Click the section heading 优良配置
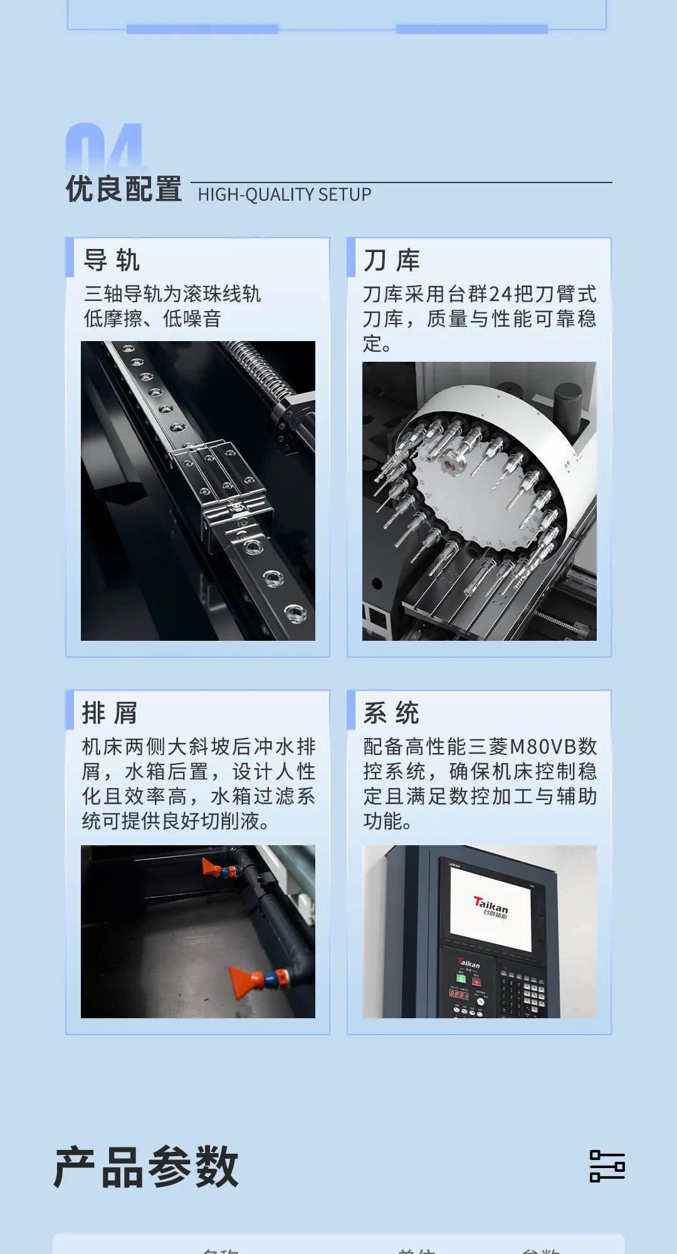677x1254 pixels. click(x=123, y=189)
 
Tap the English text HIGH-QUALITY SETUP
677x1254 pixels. click(x=285, y=194)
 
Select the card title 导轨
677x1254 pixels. click(x=112, y=260)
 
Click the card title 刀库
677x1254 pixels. click(x=392, y=260)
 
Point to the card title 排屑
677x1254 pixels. click(x=110, y=713)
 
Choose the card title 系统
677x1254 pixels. click(x=391, y=713)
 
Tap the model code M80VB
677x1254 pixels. click(x=543, y=746)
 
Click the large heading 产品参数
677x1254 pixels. click(x=146, y=1167)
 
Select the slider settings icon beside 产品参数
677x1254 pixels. click(x=607, y=1166)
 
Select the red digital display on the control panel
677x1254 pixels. click(x=458, y=994)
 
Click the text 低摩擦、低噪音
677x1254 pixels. click(x=152, y=319)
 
